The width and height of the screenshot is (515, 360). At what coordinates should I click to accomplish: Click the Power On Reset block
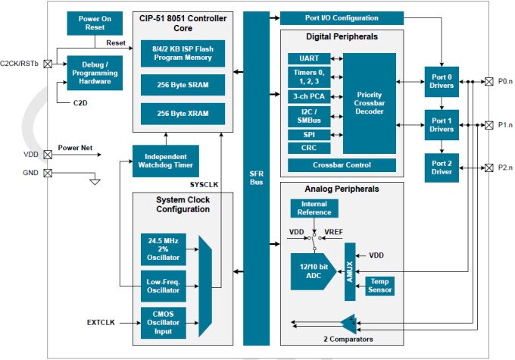tap(89, 23)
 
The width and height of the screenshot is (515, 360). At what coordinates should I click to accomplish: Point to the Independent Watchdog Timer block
tap(164, 160)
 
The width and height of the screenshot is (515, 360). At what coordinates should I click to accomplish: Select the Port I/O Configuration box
tap(342, 17)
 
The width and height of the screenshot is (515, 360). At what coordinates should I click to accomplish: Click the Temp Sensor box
tap(379, 286)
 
